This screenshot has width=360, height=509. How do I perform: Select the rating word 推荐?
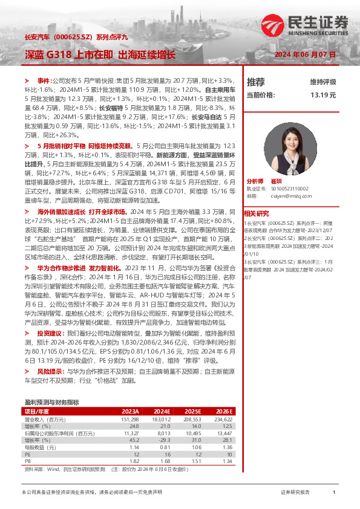[x=256, y=82]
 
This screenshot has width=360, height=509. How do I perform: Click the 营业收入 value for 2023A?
[x=130, y=419]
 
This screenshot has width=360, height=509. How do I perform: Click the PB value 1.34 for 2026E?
[x=227, y=460]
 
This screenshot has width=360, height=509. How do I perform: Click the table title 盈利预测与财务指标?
[x=51, y=402]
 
